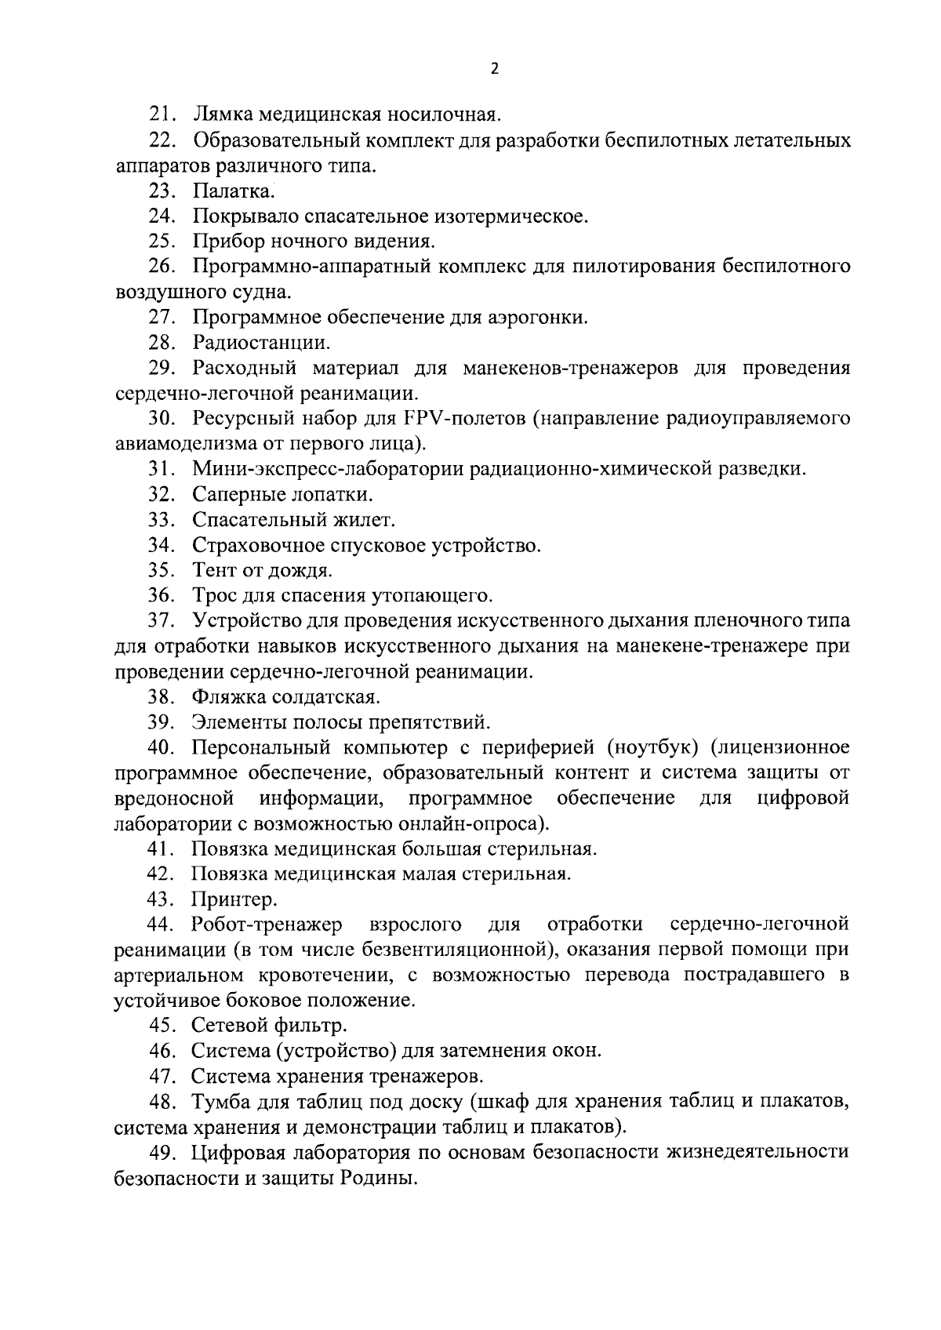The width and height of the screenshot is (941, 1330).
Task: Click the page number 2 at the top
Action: [493, 69]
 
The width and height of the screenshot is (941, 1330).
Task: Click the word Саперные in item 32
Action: [233, 495]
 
